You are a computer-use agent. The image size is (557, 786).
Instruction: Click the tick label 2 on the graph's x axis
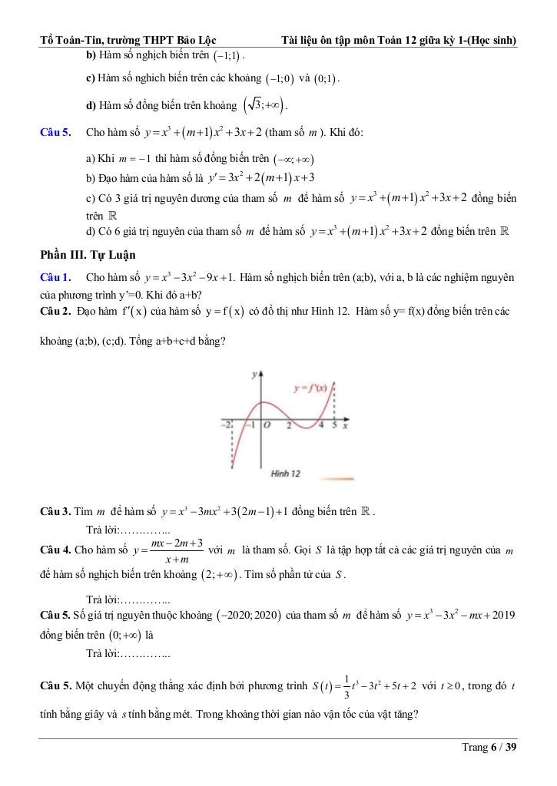(x=288, y=424)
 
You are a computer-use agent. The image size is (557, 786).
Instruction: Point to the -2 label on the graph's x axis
(x=226, y=424)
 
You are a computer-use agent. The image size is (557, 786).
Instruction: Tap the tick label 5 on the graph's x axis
(x=334, y=424)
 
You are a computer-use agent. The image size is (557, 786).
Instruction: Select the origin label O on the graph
(x=266, y=424)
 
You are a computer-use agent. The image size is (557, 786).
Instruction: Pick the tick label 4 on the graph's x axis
(x=322, y=424)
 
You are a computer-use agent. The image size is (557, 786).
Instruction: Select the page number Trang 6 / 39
(x=489, y=747)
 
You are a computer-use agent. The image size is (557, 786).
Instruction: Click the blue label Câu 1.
(x=55, y=276)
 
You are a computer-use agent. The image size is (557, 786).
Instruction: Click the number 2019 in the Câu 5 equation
(x=502, y=615)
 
